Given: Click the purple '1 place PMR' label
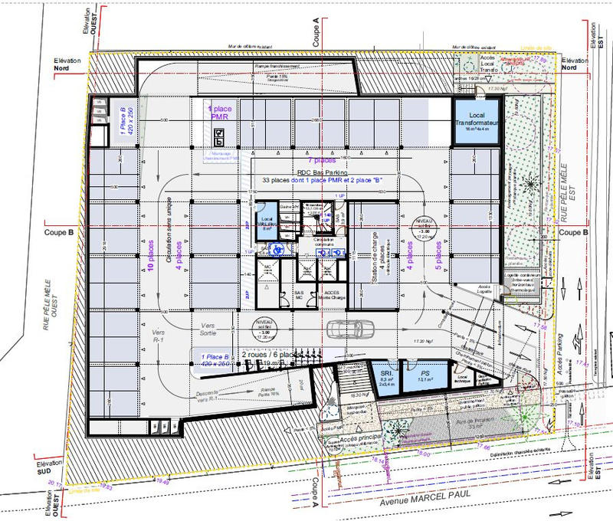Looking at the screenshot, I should click(219, 114).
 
